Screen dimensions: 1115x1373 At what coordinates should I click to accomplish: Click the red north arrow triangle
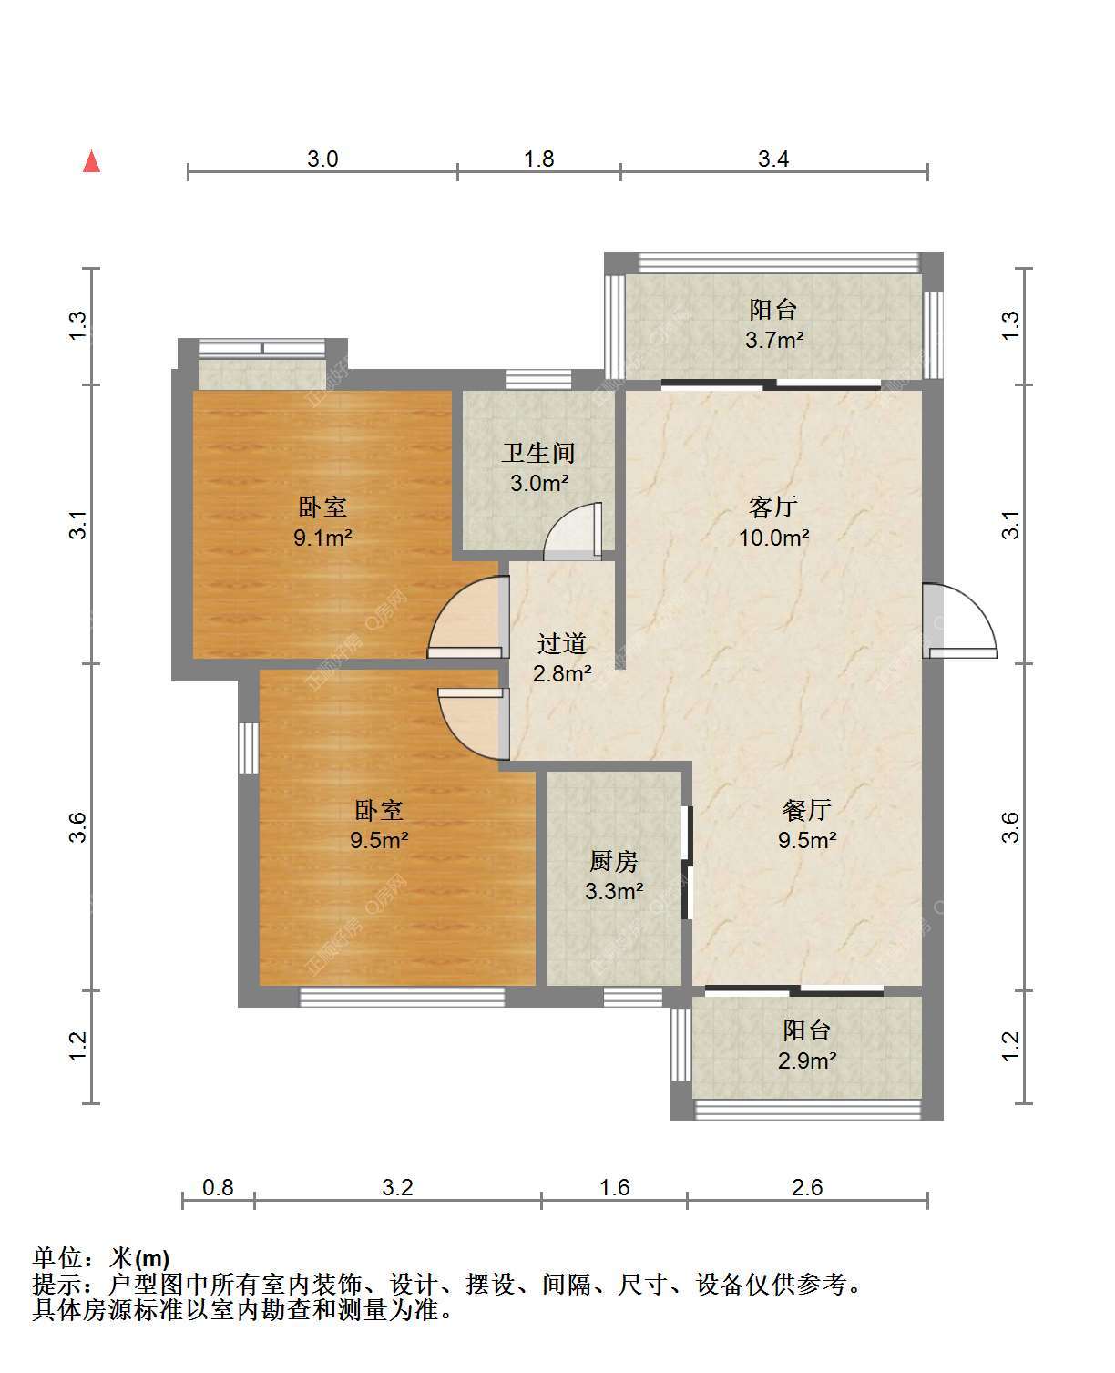pyautogui.click(x=91, y=162)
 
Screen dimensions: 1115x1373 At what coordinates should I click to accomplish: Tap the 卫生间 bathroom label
pyautogui.click(x=538, y=453)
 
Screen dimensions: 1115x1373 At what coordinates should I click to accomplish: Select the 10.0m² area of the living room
pyautogui.click(x=774, y=538)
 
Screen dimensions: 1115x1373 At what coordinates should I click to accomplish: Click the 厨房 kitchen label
pyautogui.click(x=614, y=861)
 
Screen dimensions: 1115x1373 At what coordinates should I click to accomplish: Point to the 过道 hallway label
pyautogui.click(x=562, y=642)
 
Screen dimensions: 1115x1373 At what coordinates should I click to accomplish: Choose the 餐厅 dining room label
pyautogui.click(x=807, y=810)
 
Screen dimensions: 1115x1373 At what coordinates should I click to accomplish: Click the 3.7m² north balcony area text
pyautogui.click(x=774, y=340)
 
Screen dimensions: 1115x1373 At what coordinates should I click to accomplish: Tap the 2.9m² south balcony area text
pyautogui.click(x=807, y=1061)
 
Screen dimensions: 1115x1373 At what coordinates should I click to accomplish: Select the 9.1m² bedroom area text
pyautogui.click(x=322, y=537)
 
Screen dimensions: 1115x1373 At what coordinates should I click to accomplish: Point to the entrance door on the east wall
pyautogui.click(x=960, y=620)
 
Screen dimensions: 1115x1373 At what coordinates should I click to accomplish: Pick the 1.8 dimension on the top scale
pyautogui.click(x=538, y=159)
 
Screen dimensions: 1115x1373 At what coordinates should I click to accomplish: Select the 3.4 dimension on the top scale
pyautogui.click(x=773, y=159)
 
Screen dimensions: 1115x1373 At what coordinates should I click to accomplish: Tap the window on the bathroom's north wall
pyautogui.click(x=538, y=380)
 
